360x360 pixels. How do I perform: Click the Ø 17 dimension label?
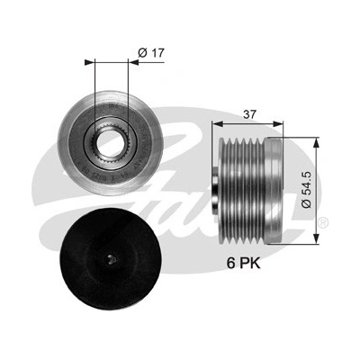151,53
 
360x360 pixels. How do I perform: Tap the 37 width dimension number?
249,114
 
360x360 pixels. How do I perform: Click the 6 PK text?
244,263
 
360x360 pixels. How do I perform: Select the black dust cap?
110,257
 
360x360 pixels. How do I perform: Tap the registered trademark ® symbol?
325,223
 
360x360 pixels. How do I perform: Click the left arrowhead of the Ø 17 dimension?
89,62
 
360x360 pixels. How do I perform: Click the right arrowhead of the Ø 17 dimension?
133,62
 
